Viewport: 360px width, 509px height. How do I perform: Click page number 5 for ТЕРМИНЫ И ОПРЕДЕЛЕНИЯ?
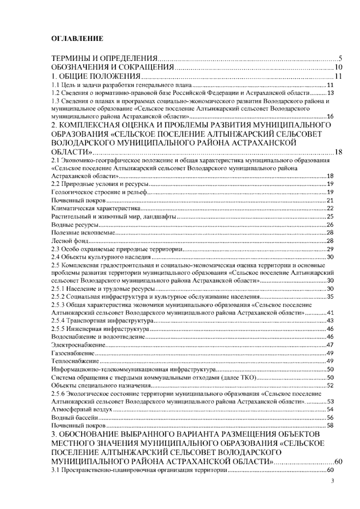340,58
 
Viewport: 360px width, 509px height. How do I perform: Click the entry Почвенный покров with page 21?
78,200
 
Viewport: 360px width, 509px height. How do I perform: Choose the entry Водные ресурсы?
75,224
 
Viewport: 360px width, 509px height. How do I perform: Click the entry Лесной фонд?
70,241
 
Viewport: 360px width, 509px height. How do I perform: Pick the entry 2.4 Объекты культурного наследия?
101,257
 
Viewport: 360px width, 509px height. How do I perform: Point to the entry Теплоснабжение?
75,361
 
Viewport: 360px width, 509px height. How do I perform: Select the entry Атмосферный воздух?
82,409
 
